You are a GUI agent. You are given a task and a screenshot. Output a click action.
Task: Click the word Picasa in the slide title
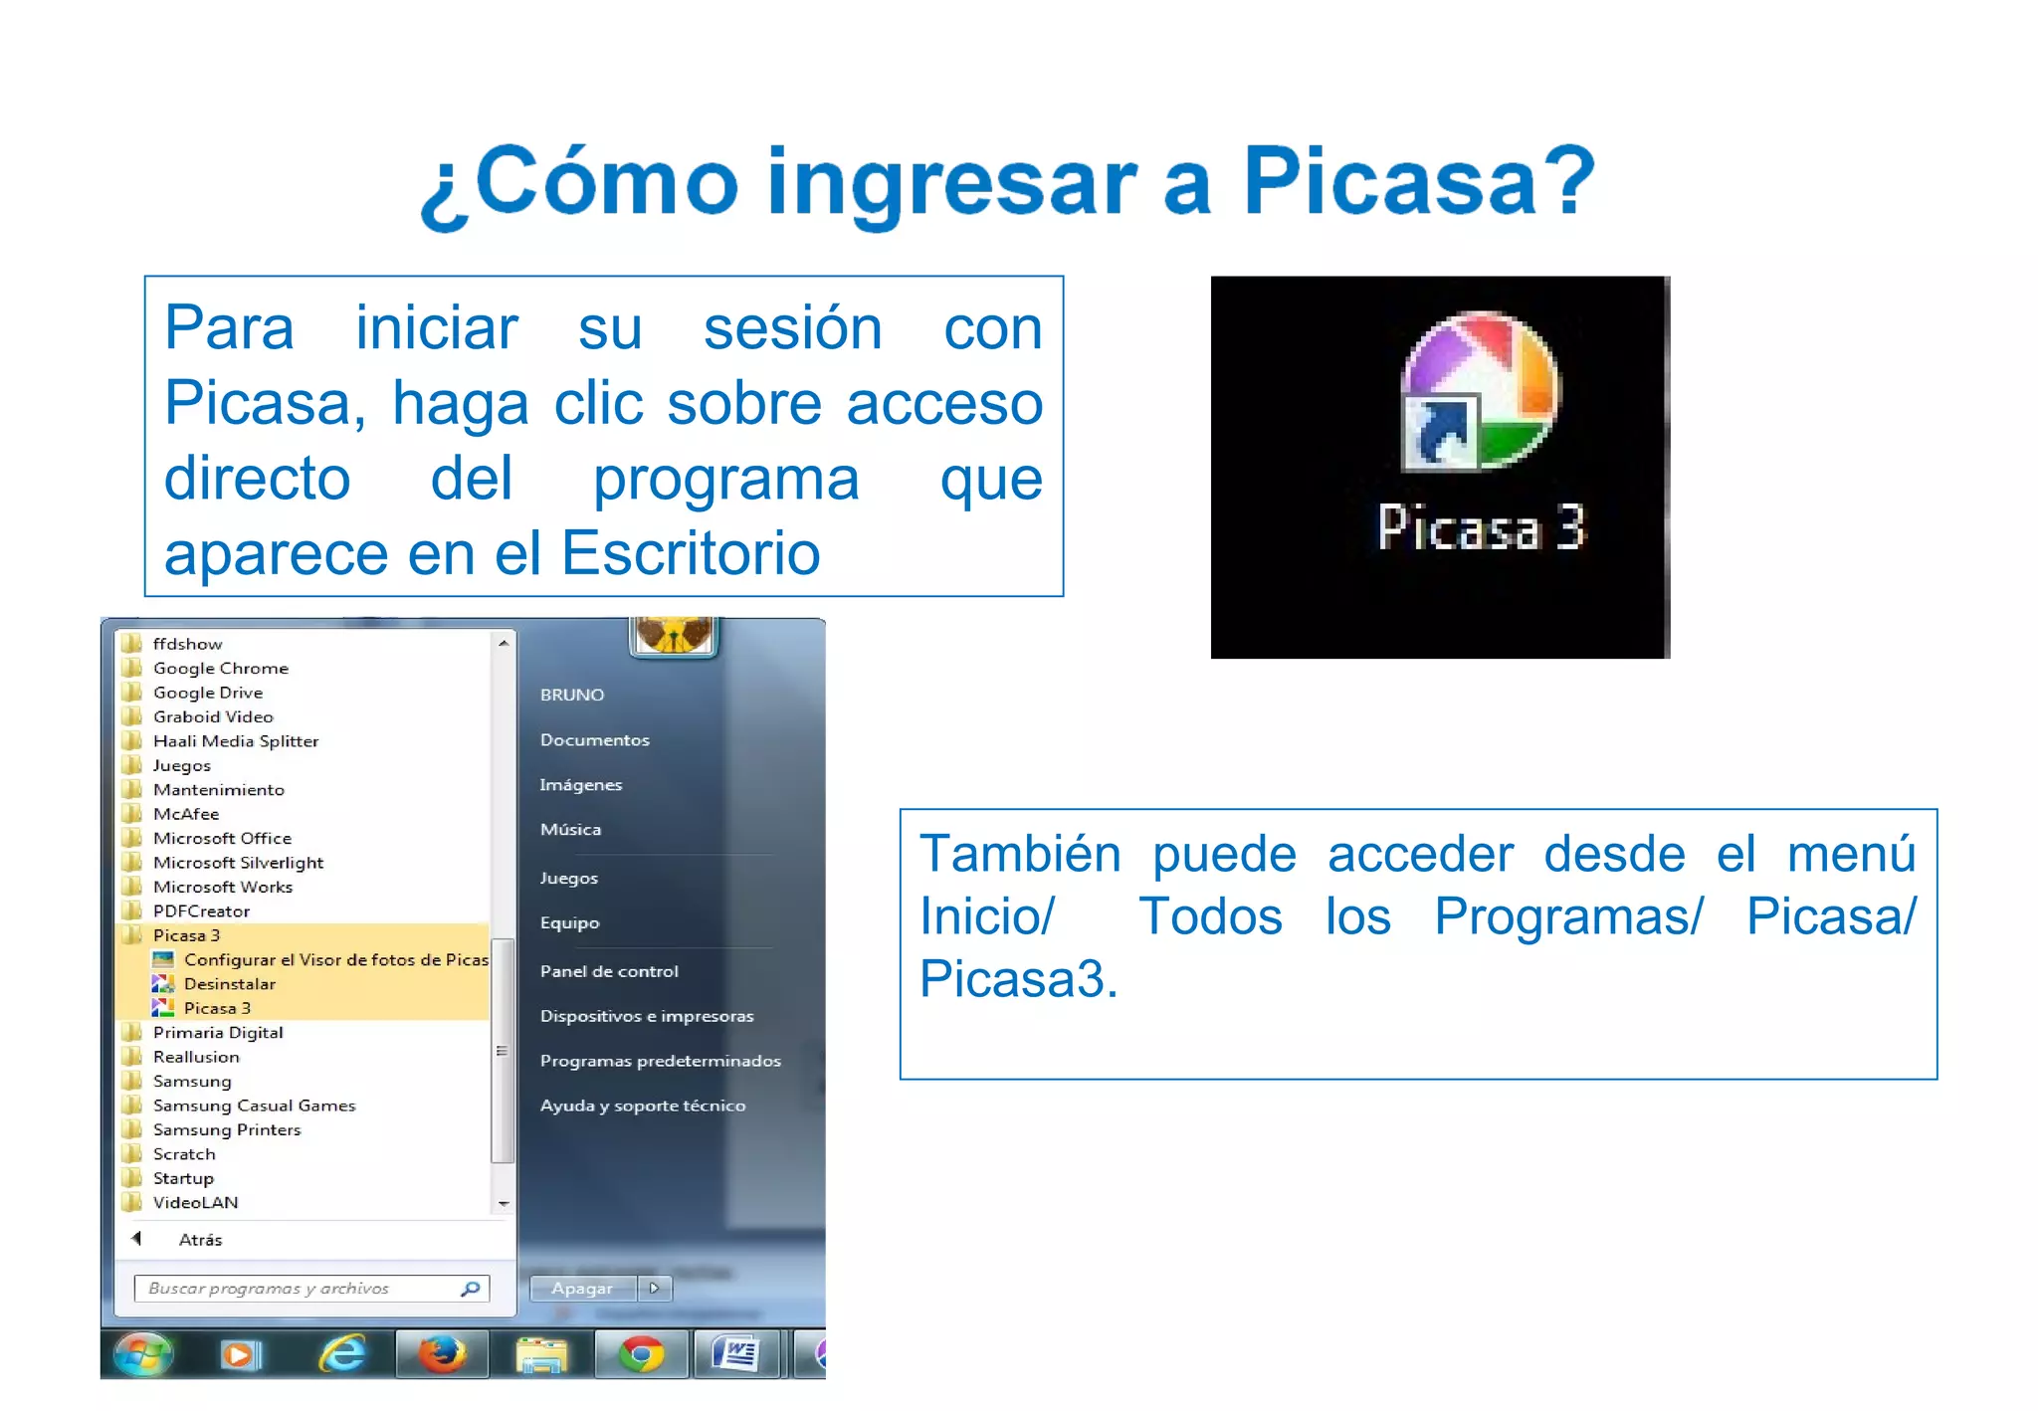click(1390, 181)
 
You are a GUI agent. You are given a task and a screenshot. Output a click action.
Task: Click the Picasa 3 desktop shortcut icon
click(1480, 392)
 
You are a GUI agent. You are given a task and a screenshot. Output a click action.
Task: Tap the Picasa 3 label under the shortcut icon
click(1480, 526)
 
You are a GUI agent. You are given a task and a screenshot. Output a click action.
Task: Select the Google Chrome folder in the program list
click(220, 669)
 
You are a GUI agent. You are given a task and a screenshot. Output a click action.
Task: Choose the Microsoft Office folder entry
click(222, 839)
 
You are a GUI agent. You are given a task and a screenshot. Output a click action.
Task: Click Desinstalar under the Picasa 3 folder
click(229, 984)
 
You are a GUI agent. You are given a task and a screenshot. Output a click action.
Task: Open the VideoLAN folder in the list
click(195, 1203)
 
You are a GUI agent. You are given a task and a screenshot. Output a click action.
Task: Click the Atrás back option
click(199, 1240)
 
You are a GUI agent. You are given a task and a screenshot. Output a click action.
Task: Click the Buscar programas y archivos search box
click(299, 1289)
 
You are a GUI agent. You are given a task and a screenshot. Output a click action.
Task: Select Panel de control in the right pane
click(609, 971)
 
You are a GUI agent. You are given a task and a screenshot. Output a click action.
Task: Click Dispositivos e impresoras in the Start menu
click(647, 1016)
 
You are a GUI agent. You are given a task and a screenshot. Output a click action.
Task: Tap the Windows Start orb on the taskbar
click(143, 1354)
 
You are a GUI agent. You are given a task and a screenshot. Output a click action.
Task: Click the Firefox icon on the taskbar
click(442, 1354)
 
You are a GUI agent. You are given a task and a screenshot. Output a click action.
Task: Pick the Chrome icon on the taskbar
click(641, 1354)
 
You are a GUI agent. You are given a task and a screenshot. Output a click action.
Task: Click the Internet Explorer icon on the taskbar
click(342, 1354)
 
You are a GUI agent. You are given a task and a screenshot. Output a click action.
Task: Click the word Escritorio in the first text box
click(691, 554)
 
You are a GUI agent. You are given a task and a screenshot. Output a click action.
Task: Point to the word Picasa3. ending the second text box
click(1018, 979)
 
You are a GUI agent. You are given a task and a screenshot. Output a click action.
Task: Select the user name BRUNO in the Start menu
click(572, 695)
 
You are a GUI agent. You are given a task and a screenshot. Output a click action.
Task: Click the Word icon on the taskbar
click(737, 1354)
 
